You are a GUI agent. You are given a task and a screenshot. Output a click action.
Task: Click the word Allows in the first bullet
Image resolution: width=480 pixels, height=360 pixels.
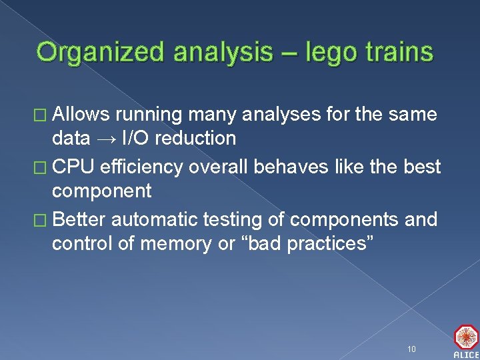(x=83, y=115)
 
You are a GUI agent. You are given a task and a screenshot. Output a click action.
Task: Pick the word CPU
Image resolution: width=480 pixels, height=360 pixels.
(x=73, y=167)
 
